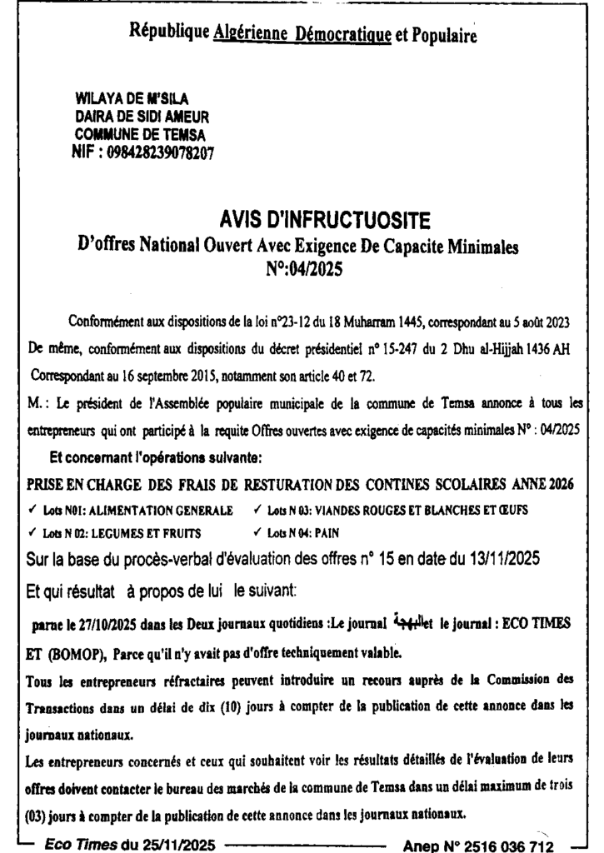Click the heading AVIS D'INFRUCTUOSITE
click(325, 221)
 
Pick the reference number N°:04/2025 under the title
click(303, 269)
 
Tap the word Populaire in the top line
click(442, 35)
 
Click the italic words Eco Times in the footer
click(81, 844)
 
